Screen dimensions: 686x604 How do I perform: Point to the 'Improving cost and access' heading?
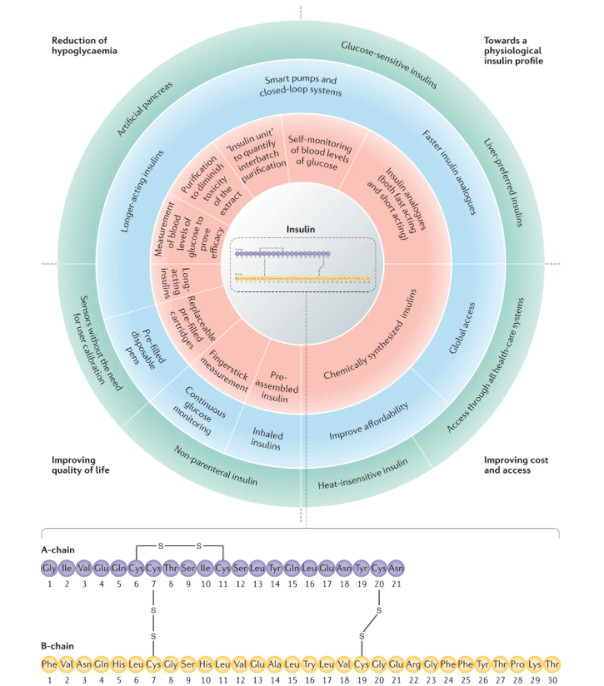click(x=517, y=465)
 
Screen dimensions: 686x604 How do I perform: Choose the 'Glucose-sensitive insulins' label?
click(x=392, y=58)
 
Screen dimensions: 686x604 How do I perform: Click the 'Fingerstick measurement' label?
click(x=222, y=367)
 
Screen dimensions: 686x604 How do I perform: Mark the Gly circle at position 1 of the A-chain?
click(x=49, y=569)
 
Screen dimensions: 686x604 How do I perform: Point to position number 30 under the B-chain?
click(x=552, y=680)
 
